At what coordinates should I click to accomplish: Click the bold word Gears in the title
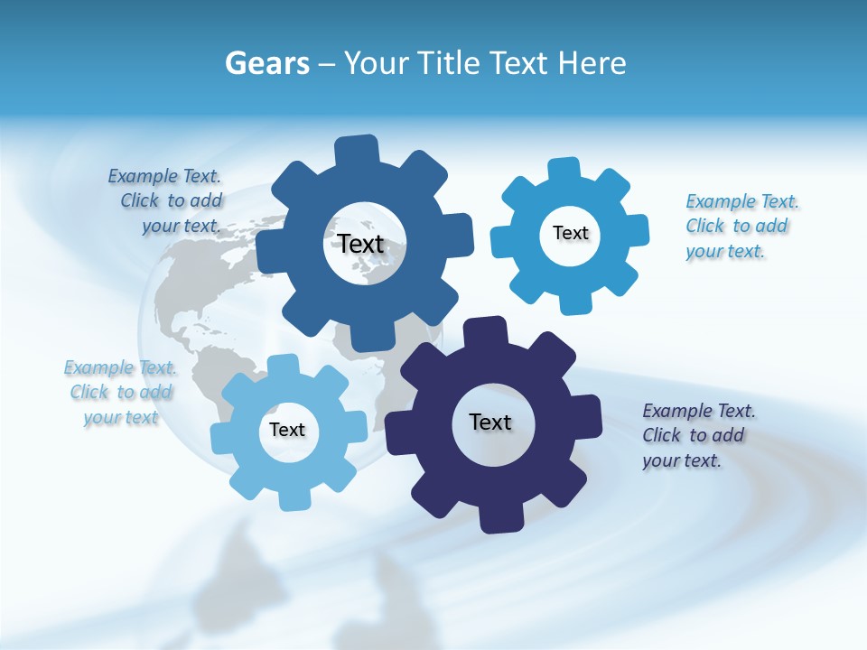click(x=267, y=63)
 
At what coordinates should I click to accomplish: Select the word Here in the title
click(x=592, y=63)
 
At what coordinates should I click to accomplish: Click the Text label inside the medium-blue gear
click(x=360, y=244)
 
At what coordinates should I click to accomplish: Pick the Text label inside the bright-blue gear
click(x=570, y=233)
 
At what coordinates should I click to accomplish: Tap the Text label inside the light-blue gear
click(x=286, y=430)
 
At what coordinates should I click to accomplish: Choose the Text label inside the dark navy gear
click(x=490, y=422)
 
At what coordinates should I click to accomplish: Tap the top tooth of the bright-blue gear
click(x=564, y=170)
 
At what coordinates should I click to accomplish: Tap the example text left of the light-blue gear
click(x=121, y=393)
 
